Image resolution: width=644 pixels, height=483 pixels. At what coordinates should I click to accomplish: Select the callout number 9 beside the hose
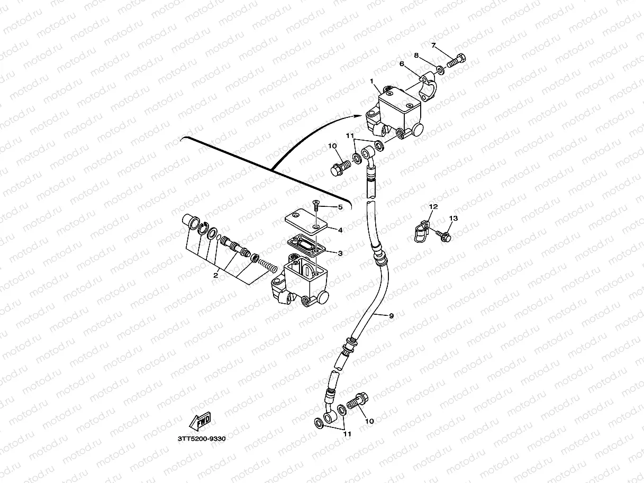pos(391,316)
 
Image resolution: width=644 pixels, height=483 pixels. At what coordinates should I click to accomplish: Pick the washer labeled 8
pos(440,69)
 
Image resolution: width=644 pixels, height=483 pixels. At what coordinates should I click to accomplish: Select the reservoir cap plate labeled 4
pos(307,222)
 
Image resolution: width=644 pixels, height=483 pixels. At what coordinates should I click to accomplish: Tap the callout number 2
pos(215,275)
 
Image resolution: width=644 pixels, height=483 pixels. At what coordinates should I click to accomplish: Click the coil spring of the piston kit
pos(267,263)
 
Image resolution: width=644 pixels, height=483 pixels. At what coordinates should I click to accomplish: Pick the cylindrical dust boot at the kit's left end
pos(189,221)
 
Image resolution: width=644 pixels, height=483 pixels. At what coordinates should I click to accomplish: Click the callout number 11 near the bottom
pos(347,434)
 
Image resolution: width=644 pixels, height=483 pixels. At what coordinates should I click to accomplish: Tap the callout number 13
pos(453,218)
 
